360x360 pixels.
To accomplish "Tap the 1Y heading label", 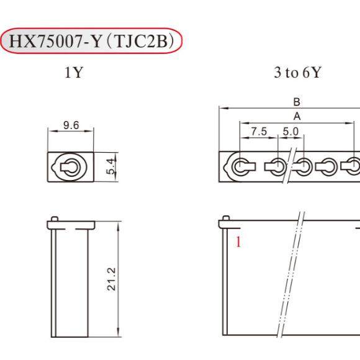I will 73,72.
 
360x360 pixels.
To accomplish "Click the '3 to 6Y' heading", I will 297,72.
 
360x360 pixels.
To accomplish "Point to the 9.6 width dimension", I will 71,125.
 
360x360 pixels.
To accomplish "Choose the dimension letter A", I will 297,116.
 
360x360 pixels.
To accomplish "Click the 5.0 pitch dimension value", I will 290,132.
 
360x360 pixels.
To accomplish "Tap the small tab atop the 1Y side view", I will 55,218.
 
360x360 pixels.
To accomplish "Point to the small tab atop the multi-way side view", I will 226,218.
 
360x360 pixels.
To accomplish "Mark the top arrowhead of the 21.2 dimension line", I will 117,225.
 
